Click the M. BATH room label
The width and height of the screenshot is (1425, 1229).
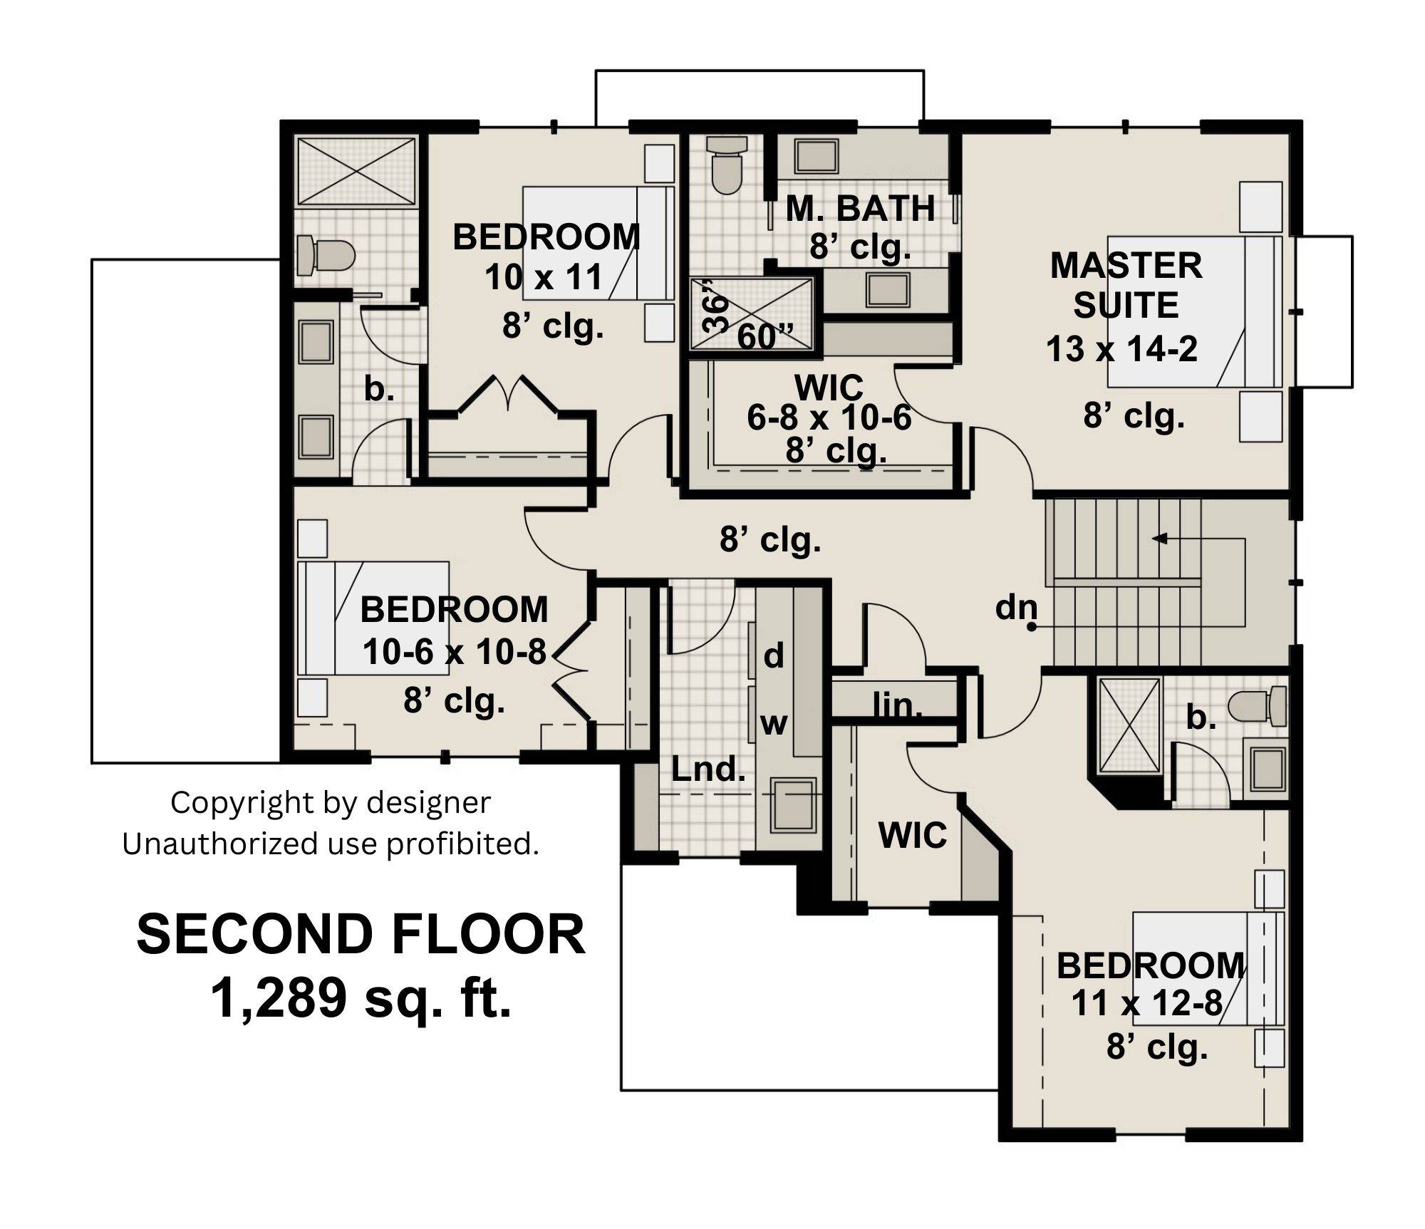click(860, 208)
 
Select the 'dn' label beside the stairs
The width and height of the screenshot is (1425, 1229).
click(1015, 607)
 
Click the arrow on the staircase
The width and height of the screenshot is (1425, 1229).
click(1160, 539)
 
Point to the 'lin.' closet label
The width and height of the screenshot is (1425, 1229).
click(897, 705)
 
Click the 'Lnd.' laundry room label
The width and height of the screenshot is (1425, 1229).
click(708, 769)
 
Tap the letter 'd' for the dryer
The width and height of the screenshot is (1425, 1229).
click(774, 655)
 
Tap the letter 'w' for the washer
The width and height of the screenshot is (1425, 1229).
click(774, 724)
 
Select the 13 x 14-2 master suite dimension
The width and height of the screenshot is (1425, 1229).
click(1121, 349)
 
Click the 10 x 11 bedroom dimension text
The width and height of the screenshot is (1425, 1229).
click(544, 277)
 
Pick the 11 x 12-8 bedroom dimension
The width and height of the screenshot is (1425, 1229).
click(1146, 1003)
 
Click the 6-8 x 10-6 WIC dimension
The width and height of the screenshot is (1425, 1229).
click(829, 418)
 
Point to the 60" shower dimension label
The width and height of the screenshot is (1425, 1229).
click(765, 336)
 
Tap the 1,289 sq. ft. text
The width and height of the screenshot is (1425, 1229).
click(361, 998)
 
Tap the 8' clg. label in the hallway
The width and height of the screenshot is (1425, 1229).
click(770, 539)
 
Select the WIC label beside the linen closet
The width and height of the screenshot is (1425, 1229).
click(913, 834)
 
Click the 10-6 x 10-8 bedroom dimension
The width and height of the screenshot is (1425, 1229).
click(455, 651)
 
